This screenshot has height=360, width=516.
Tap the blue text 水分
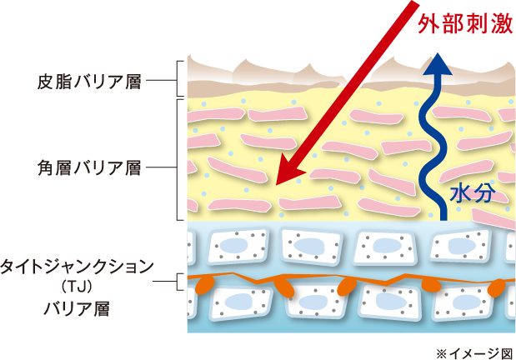pyautogui.click(x=473, y=193)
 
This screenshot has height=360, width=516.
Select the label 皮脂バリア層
pyautogui.click(x=89, y=82)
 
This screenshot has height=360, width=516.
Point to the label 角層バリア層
pyautogui.click(x=89, y=168)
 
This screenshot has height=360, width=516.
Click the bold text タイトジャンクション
pyautogui.click(x=77, y=266)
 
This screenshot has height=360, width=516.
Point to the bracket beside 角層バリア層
pyautogui.click(x=178, y=158)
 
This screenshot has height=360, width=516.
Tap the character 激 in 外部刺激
pyautogui.click(x=500, y=25)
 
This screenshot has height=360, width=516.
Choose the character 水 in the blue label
pyautogui.click(x=460, y=193)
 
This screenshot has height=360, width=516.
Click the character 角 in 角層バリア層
pyautogui.click(x=45, y=168)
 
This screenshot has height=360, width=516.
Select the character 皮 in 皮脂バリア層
pyautogui.click(x=45, y=82)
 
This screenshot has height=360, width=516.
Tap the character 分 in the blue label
pyautogui.click(x=485, y=193)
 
